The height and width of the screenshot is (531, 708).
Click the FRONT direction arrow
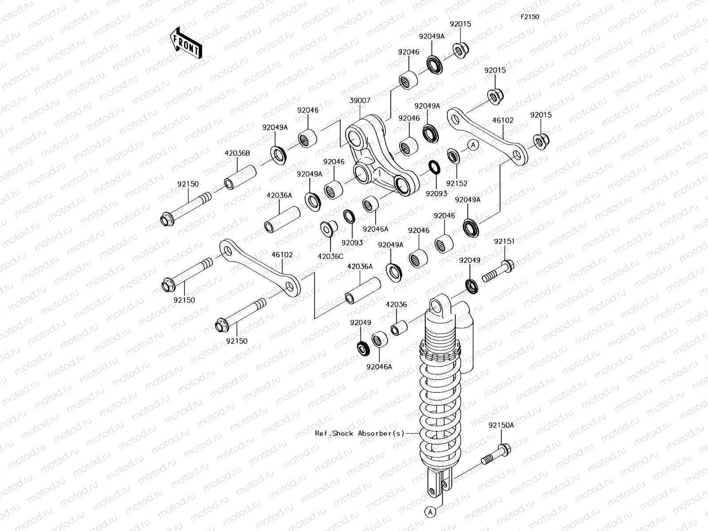point(185,43)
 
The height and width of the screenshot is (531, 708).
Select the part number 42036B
point(237,154)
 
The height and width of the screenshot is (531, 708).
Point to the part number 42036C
point(331,256)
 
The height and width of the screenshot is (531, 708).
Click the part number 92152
point(457,183)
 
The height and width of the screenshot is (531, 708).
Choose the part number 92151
point(504,242)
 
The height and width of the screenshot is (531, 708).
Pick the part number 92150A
point(501,425)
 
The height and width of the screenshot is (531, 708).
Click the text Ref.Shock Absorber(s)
point(360,434)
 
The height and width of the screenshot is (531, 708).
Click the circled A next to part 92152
point(473,144)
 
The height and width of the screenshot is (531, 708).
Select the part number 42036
point(396,304)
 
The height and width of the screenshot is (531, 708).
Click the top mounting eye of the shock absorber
point(438,306)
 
